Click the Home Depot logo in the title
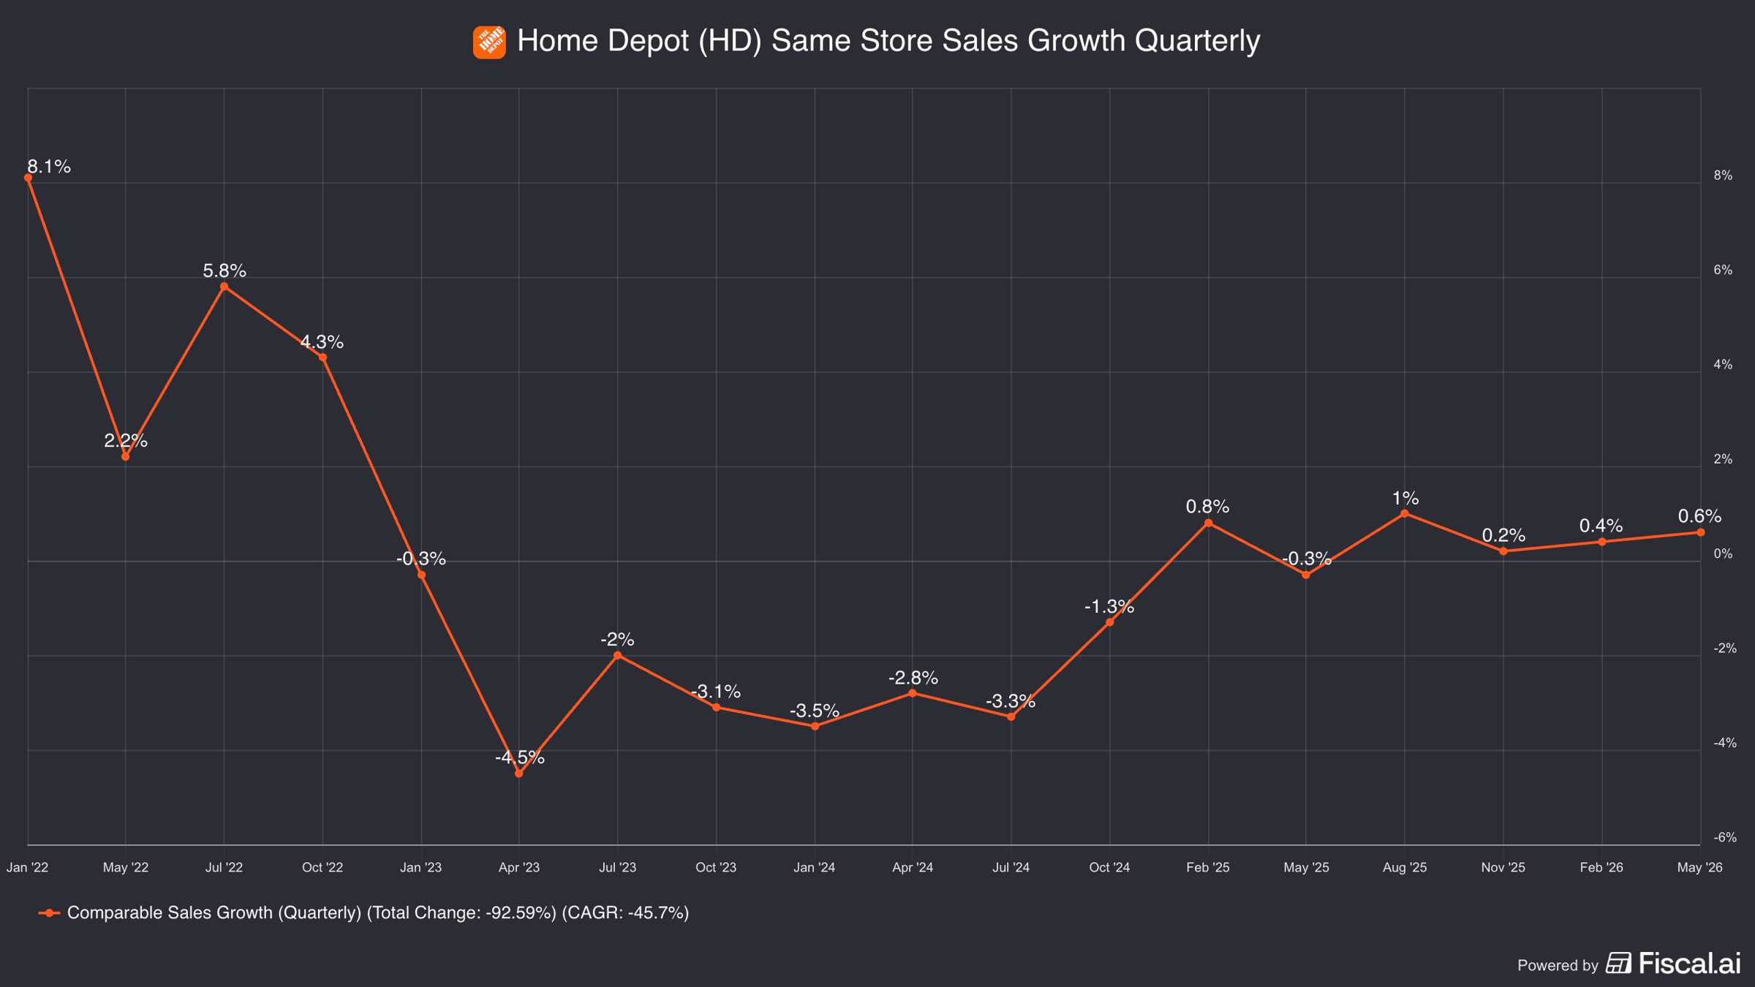pos(489,42)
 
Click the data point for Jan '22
pos(28,178)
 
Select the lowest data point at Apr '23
pos(519,774)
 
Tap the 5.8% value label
pos(224,271)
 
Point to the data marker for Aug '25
pos(1405,514)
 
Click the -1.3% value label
pos(1109,606)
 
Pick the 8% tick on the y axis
pos(1724,175)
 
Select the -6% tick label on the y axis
pos(1725,837)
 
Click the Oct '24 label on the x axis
pos(1109,868)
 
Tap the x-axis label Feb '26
pos(1601,868)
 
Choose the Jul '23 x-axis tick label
pos(618,868)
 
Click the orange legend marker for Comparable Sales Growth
pos(49,913)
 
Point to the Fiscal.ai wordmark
pos(1690,963)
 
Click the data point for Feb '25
pos(1208,523)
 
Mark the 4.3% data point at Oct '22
pos(322,358)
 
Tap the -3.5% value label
pos(815,711)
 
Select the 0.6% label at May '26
pos(1699,516)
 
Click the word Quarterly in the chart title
pos(1197,41)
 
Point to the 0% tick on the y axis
pos(1724,554)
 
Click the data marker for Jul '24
pos(1011,717)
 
